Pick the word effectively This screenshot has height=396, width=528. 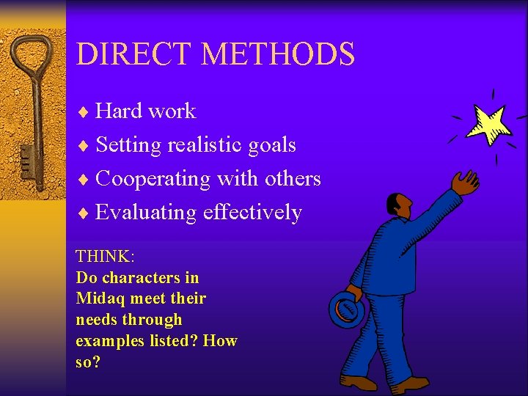(x=252, y=213)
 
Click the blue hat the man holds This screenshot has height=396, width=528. (x=347, y=309)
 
